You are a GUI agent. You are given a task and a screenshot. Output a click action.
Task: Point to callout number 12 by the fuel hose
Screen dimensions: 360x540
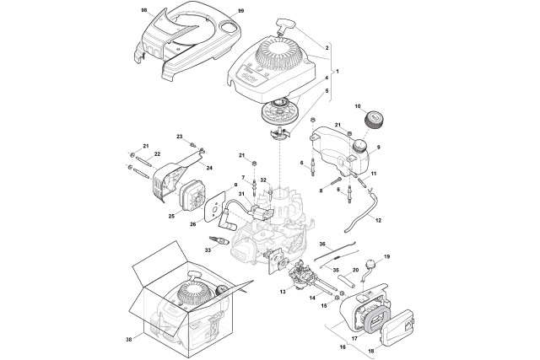point(378,219)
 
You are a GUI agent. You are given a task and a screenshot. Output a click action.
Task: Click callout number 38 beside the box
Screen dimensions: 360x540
point(129,341)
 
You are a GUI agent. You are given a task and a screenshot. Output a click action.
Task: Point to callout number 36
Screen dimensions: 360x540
point(322,244)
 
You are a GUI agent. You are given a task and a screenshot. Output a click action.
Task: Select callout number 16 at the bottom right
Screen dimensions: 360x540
point(343,347)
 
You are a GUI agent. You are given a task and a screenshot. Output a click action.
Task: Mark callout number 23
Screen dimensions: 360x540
point(179,136)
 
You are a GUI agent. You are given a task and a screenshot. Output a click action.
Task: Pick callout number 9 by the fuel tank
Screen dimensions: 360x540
point(378,147)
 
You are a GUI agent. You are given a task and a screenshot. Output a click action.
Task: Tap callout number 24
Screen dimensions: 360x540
point(209,167)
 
